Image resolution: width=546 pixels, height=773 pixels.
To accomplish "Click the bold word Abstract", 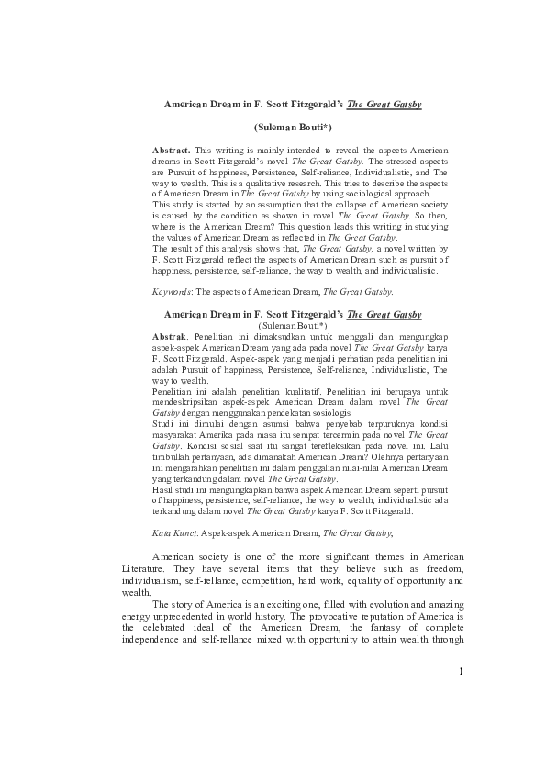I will point(172,148).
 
